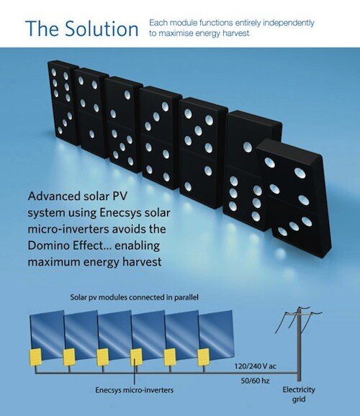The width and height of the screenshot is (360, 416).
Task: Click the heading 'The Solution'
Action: [x=82, y=28]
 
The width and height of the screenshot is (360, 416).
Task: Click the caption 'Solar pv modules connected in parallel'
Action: [x=135, y=297]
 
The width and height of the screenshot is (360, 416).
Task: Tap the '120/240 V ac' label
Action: [x=255, y=366]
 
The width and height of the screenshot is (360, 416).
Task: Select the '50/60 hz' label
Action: [x=255, y=381]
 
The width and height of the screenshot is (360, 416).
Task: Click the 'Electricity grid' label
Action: [x=299, y=394]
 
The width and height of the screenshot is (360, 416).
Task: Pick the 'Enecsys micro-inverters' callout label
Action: [x=135, y=390]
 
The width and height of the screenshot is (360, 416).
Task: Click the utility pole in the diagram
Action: [x=299, y=345]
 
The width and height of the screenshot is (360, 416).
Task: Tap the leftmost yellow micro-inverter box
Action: [x=35, y=357]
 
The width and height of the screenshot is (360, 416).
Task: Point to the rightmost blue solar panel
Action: [x=217, y=334]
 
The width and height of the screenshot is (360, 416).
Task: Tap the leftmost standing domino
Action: [x=63, y=103]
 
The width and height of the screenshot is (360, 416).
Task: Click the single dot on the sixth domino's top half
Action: [x=248, y=147]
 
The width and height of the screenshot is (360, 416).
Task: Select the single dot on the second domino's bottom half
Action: [x=91, y=134]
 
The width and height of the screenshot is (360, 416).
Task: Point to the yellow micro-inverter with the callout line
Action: [x=136, y=357]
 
